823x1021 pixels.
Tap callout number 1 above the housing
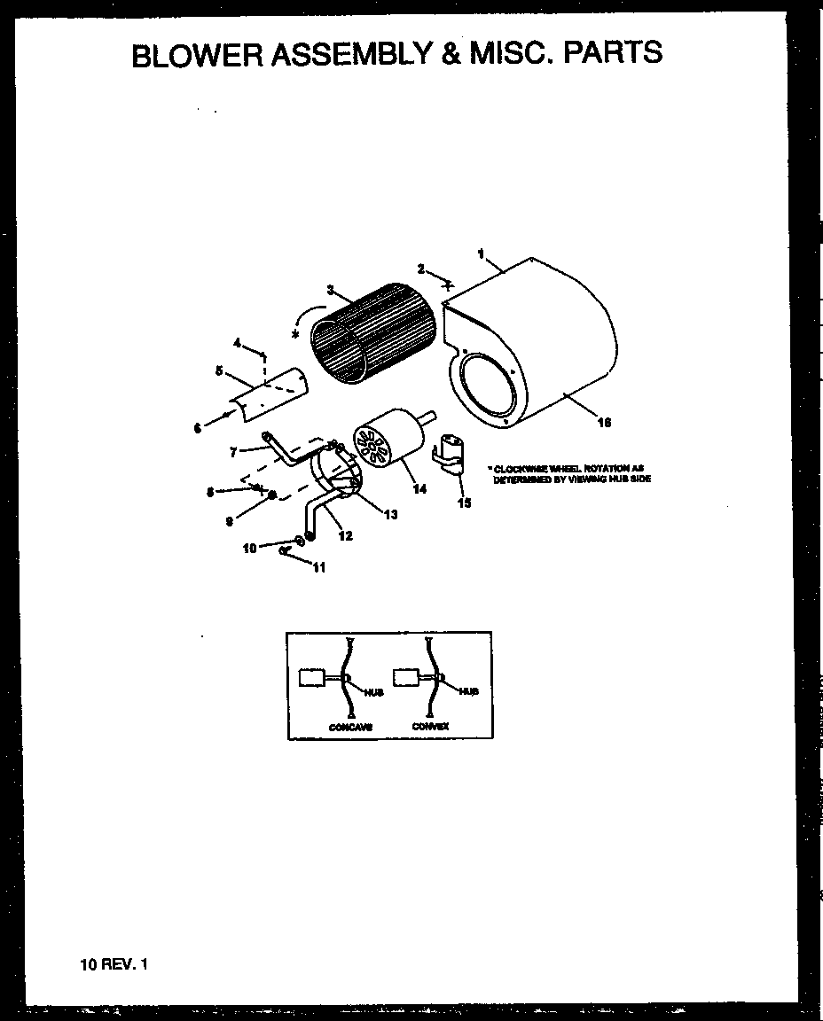point(481,253)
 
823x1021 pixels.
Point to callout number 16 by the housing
point(603,423)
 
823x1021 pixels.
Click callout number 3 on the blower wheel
point(330,290)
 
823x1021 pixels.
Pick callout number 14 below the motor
point(419,488)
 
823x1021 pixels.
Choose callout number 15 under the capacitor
point(464,503)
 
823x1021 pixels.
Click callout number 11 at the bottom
point(318,568)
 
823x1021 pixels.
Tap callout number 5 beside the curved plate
point(219,370)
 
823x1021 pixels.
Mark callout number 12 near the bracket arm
point(346,535)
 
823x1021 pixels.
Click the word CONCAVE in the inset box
point(349,727)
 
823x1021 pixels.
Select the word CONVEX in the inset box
point(430,726)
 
